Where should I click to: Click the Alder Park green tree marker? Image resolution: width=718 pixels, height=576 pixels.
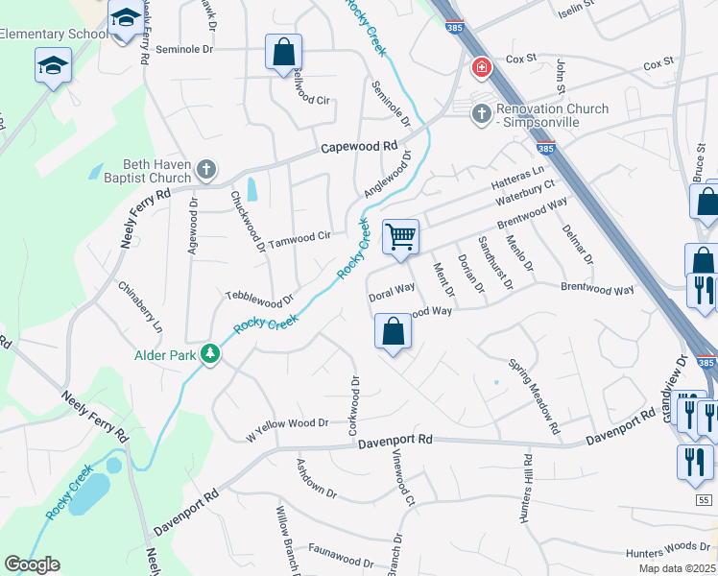(x=210, y=354)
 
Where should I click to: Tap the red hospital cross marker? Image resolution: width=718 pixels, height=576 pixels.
(x=480, y=69)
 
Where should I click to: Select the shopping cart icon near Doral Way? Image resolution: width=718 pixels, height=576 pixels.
(x=400, y=235)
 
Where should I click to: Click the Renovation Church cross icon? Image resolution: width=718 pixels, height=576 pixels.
(x=481, y=115)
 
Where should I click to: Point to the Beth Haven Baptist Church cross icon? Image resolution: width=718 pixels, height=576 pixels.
(x=204, y=170)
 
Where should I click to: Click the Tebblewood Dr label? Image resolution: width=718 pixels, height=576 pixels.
(x=258, y=298)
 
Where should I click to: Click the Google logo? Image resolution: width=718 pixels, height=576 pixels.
(x=32, y=564)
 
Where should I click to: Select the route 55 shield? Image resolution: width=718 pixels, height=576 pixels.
(x=706, y=500)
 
